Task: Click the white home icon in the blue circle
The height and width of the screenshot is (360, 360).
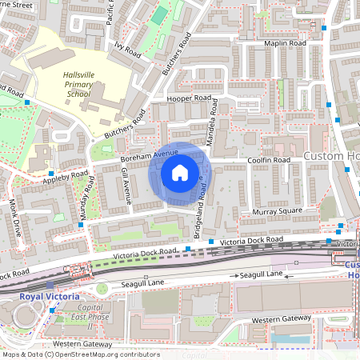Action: click(x=180, y=172)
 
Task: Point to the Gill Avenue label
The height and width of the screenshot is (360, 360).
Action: click(x=126, y=184)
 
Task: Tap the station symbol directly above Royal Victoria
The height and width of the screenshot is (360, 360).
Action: click(x=50, y=285)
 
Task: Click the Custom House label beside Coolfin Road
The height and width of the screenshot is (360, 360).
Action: click(x=333, y=154)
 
